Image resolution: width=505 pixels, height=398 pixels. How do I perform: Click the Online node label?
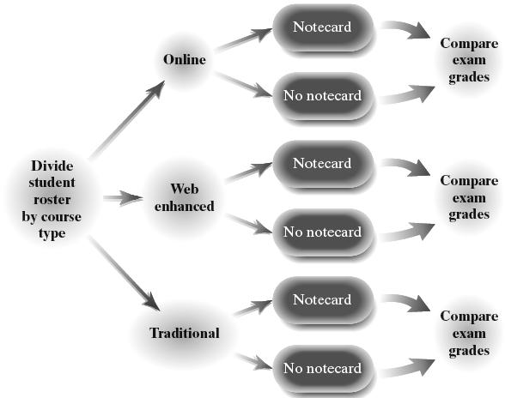[185, 59]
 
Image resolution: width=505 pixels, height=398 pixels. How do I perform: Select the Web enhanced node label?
[184, 197]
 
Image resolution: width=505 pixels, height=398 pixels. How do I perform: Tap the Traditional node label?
[185, 333]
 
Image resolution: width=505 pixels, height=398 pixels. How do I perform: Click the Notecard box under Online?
[322, 27]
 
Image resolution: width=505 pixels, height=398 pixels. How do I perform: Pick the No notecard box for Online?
[322, 96]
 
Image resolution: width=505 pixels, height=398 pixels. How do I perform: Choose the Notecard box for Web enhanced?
[322, 164]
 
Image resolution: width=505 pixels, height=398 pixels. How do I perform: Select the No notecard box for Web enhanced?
[322, 232]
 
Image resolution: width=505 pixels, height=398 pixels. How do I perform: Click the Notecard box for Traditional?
[322, 300]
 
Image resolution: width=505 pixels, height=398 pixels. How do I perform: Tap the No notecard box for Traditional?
[322, 369]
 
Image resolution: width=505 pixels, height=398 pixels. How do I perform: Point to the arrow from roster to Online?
[127, 119]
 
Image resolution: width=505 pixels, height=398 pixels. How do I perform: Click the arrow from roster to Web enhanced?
[123, 198]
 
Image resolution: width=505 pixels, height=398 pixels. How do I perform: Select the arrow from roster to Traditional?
[125, 274]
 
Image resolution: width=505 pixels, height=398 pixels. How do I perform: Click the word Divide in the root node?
[52, 166]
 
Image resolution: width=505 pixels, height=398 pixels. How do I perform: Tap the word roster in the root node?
[52, 200]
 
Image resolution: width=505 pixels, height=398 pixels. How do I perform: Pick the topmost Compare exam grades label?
[469, 61]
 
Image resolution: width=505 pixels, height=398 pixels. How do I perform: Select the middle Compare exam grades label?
[469, 198]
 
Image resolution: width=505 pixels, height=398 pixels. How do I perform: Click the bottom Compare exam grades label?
[469, 334]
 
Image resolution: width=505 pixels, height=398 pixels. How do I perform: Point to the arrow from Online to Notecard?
[244, 39]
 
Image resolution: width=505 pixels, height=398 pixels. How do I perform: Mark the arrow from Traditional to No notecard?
[254, 362]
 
